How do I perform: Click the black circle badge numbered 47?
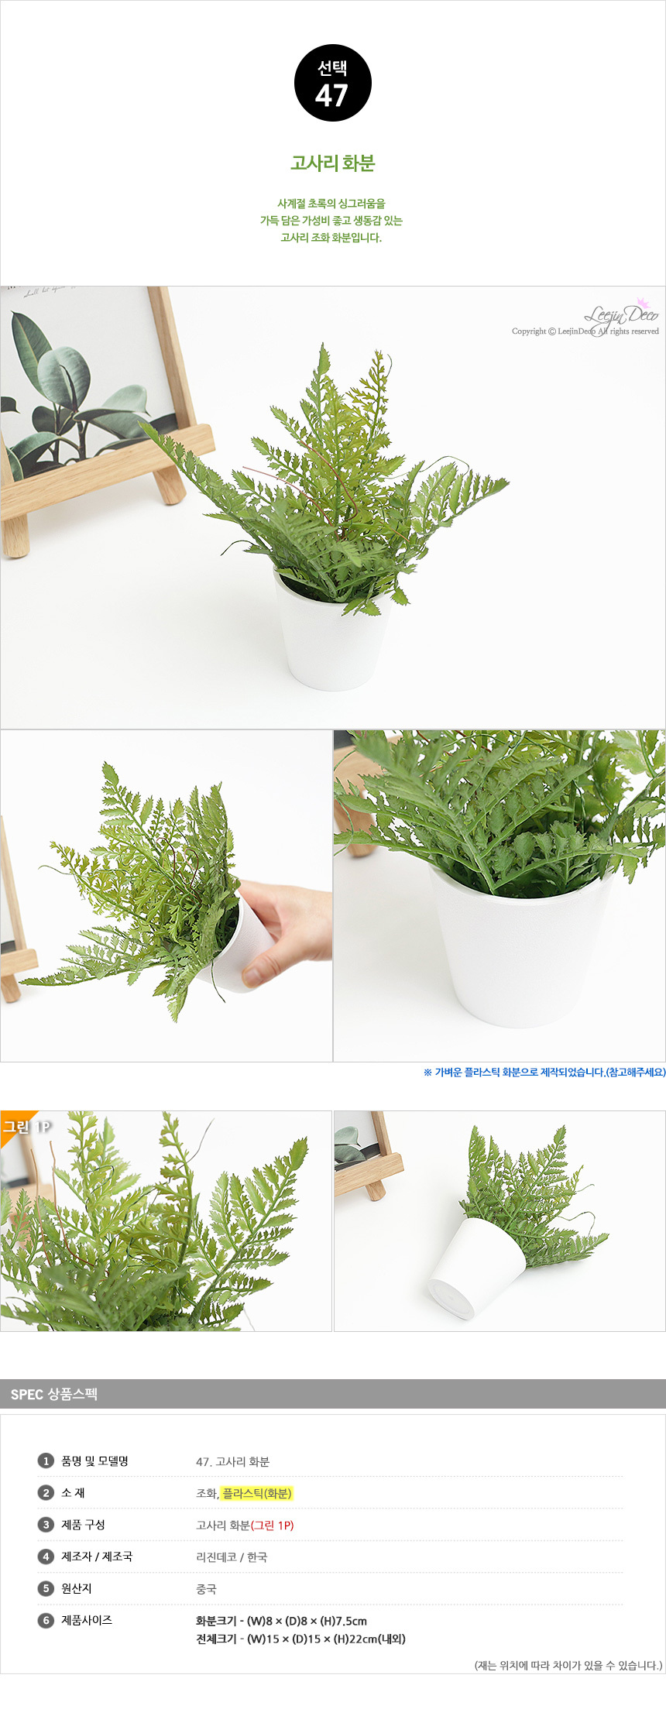pos(333,83)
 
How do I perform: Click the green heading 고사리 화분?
pos(333,163)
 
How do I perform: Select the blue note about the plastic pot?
pos(544,1073)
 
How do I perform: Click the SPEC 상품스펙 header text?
pos(54,1395)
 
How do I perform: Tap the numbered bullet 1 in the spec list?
pos(46,1461)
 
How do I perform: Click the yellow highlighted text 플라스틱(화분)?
pos(257,1493)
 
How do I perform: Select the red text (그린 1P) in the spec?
pos(273,1525)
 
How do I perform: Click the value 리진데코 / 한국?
pos(232,1557)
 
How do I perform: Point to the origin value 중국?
pos(206,1588)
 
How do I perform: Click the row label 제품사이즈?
pos(87,1620)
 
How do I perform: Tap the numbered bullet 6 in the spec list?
pos(46,1620)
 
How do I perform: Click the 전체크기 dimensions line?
pos(300,1639)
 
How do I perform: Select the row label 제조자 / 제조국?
pos(97,1557)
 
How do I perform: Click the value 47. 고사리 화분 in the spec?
pos(232,1461)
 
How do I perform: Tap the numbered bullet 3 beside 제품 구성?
pos(46,1525)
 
